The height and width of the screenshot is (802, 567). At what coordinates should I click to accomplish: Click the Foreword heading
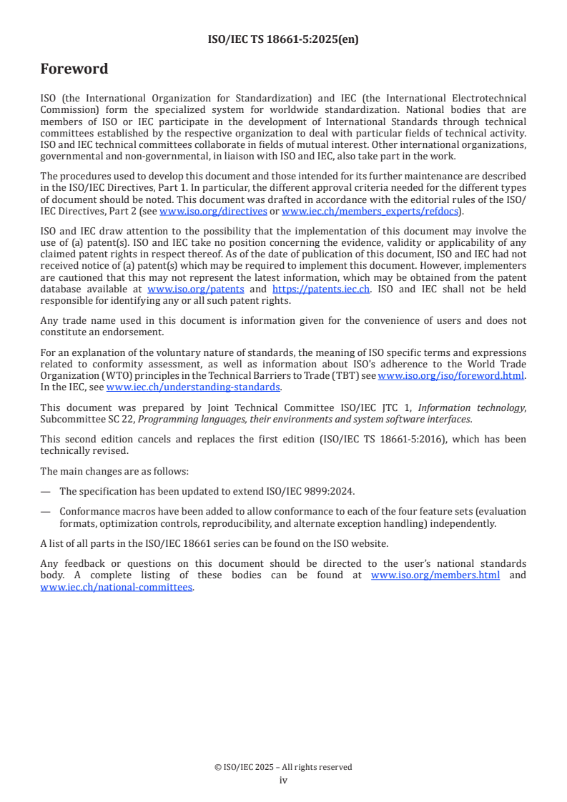[x=74, y=69]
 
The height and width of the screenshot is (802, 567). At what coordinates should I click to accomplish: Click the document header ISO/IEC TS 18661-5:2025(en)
[x=283, y=39]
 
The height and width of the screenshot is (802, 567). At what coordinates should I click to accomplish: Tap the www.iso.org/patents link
[x=195, y=289]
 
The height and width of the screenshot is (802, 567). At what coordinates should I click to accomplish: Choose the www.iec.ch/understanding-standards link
[x=193, y=387]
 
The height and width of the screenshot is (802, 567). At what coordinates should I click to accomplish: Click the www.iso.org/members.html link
[x=435, y=576]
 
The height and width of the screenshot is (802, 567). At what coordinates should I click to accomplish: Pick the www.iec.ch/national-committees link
[x=117, y=587]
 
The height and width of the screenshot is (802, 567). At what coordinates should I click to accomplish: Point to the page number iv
[x=283, y=781]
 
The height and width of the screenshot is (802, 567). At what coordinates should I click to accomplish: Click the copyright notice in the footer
[x=283, y=767]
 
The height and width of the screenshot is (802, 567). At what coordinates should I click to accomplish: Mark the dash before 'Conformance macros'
[x=46, y=511]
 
